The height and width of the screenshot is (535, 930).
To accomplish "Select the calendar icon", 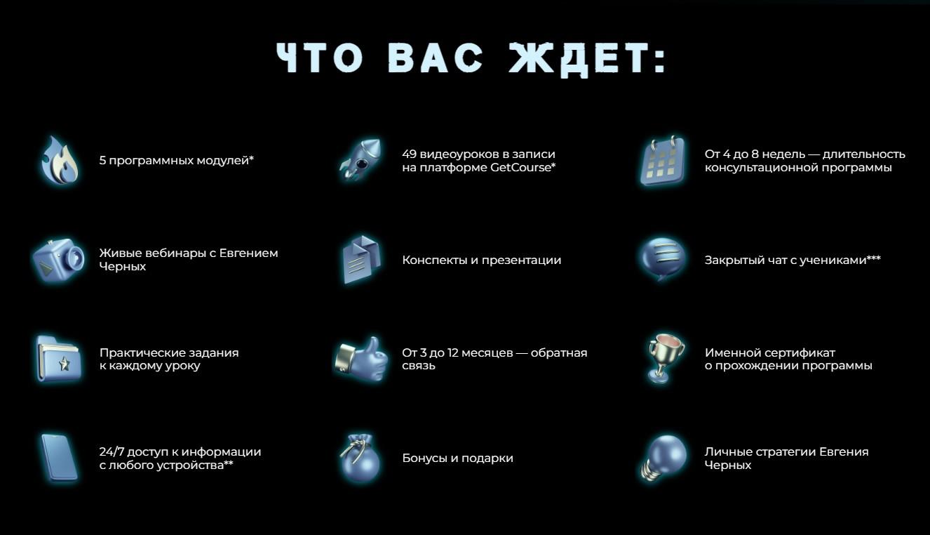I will coord(661,161).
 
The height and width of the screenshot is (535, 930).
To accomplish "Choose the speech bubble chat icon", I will coord(661,258).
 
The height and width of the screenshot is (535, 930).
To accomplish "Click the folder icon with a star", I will coord(59,359).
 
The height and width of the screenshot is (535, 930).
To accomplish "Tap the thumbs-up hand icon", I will coord(360,359).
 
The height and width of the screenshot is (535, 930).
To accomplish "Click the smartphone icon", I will coord(59,458).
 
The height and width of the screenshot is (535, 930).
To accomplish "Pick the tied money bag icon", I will coord(360,458).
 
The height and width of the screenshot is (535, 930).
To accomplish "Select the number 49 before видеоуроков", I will coord(410,154).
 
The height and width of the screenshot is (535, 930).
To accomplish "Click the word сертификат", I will coord(795,352).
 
